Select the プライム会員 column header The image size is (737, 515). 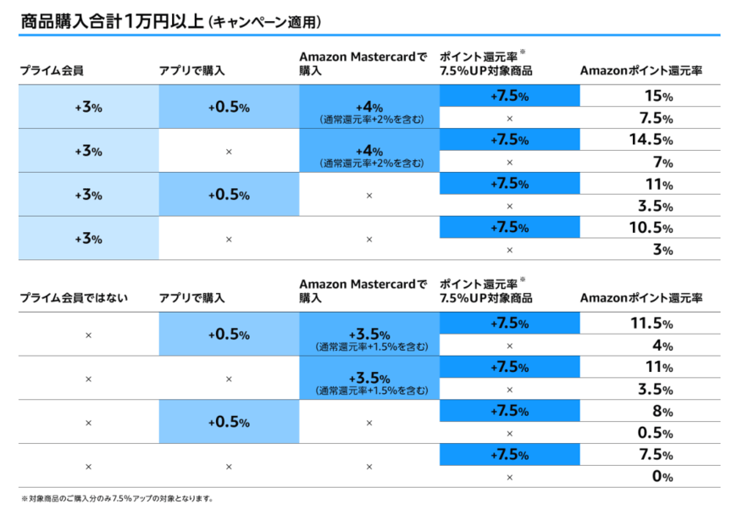(x=52, y=70)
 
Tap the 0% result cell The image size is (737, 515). (x=661, y=477)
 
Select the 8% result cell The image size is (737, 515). (x=661, y=412)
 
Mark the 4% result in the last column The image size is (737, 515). (x=661, y=346)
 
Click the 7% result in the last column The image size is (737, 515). (x=661, y=162)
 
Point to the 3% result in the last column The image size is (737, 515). (x=661, y=250)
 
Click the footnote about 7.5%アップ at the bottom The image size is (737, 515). (x=117, y=499)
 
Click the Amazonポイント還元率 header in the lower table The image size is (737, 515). (x=641, y=297)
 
